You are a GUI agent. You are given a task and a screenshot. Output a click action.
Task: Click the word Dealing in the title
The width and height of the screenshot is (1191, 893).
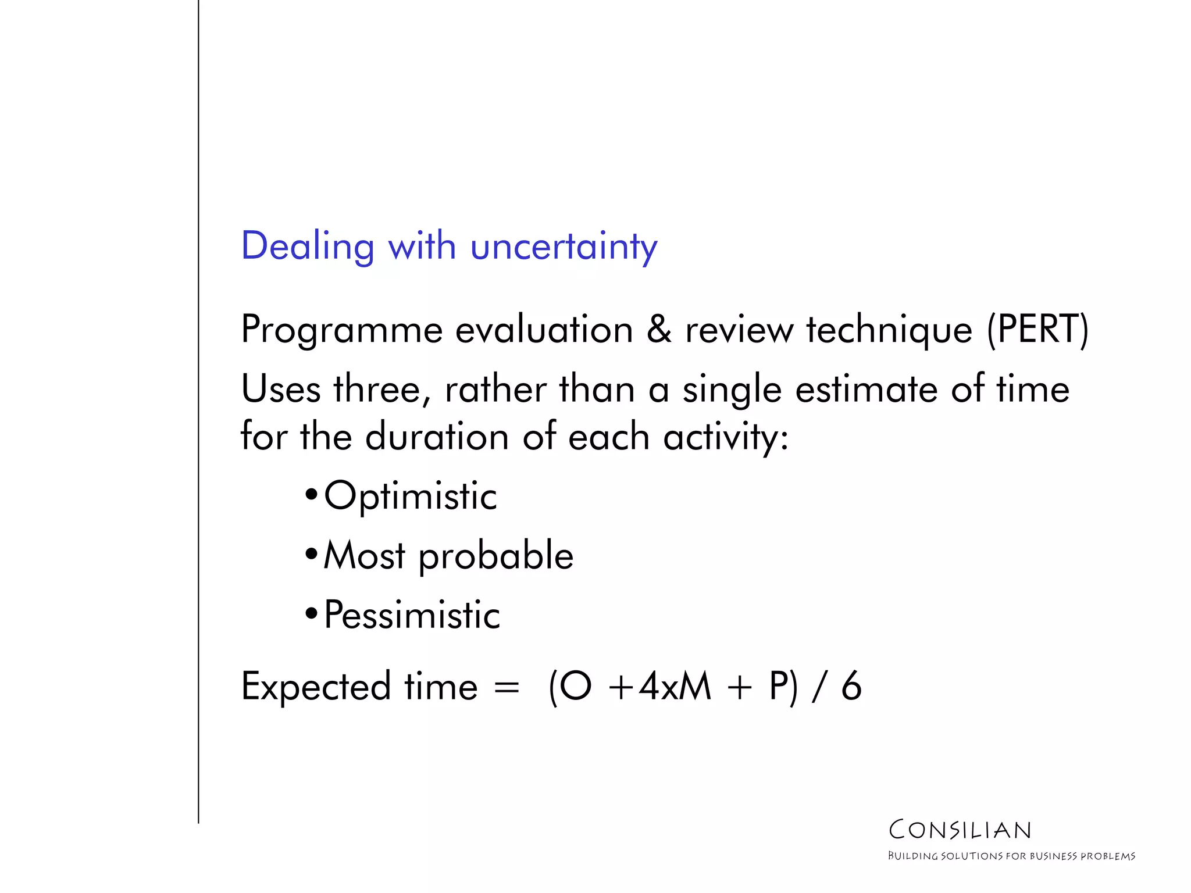pyautogui.click(x=307, y=247)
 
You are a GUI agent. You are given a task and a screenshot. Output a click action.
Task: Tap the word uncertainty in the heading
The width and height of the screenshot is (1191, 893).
pyautogui.click(x=564, y=247)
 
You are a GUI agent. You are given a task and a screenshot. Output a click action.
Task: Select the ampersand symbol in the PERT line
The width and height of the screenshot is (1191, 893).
pyautogui.click(x=659, y=329)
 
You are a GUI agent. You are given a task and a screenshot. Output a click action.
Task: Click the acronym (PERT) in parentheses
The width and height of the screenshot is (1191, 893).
pyautogui.click(x=1037, y=329)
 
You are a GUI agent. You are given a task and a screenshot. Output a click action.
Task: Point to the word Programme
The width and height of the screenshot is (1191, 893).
pyautogui.click(x=342, y=330)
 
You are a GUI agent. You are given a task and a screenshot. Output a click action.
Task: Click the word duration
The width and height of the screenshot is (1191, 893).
pyautogui.click(x=437, y=437)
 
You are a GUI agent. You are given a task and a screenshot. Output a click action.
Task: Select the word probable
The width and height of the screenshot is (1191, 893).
pyautogui.click(x=496, y=556)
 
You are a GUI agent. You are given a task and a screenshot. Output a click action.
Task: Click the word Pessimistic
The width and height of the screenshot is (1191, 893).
pyautogui.click(x=412, y=615)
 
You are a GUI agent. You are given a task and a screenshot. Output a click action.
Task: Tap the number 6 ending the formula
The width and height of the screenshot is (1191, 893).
pyautogui.click(x=851, y=687)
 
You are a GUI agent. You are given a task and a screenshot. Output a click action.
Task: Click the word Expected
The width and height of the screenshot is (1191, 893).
pyautogui.click(x=316, y=688)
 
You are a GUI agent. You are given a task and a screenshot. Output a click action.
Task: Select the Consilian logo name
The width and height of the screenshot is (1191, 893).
pyautogui.click(x=960, y=830)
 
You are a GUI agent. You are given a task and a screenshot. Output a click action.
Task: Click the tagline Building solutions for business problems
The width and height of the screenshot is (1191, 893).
pyautogui.click(x=1011, y=856)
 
